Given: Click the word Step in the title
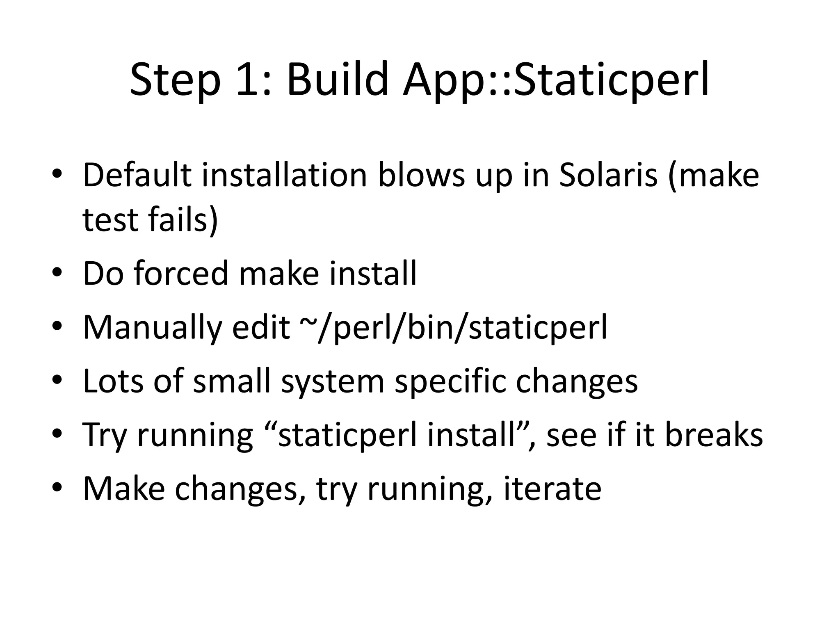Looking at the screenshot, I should click(x=175, y=80).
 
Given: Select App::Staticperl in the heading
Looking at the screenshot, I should click(x=556, y=80).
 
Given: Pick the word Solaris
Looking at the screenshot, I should click(x=608, y=175).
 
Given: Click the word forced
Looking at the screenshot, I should click(x=181, y=274).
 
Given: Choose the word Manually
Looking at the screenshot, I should click(x=152, y=328).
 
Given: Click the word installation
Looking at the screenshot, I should click(x=284, y=175).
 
